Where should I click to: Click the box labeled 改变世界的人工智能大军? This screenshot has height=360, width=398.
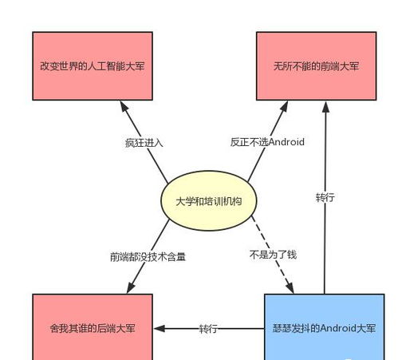[x=93, y=66]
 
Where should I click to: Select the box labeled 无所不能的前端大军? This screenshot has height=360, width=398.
[x=316, y=66]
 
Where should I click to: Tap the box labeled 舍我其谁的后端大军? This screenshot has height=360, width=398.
[x=93, y=327]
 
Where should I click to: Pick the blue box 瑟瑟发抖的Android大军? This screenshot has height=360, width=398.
[x=325, y=327]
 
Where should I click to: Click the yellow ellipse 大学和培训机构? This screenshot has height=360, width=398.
[x=209, y=201]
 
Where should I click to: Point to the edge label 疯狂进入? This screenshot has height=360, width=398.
[x=144, y=143]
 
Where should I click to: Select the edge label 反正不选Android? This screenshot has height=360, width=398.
[x=267, y=142]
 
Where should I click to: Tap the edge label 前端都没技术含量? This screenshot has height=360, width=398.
[x=148, y=257]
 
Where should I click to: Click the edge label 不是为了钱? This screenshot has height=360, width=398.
[x=273, y=255]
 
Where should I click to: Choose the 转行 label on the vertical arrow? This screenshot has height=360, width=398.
[x=325, y=197]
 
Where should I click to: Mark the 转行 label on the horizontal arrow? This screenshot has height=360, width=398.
[x=208, y=329]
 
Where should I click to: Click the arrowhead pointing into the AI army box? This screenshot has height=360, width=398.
[x=124, y=106]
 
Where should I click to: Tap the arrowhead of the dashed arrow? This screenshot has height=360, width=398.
[x=290, y=288]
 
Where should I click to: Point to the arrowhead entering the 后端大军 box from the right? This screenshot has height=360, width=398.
[x=160, y=329]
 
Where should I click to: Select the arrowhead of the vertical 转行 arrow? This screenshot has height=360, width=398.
[x=326, y=107]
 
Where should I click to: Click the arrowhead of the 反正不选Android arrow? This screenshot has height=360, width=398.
[x=284, y=106]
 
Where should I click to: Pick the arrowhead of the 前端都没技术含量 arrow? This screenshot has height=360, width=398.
[x=131, y=288]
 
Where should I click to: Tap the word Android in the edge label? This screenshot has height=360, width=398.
[x=286, y=142]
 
